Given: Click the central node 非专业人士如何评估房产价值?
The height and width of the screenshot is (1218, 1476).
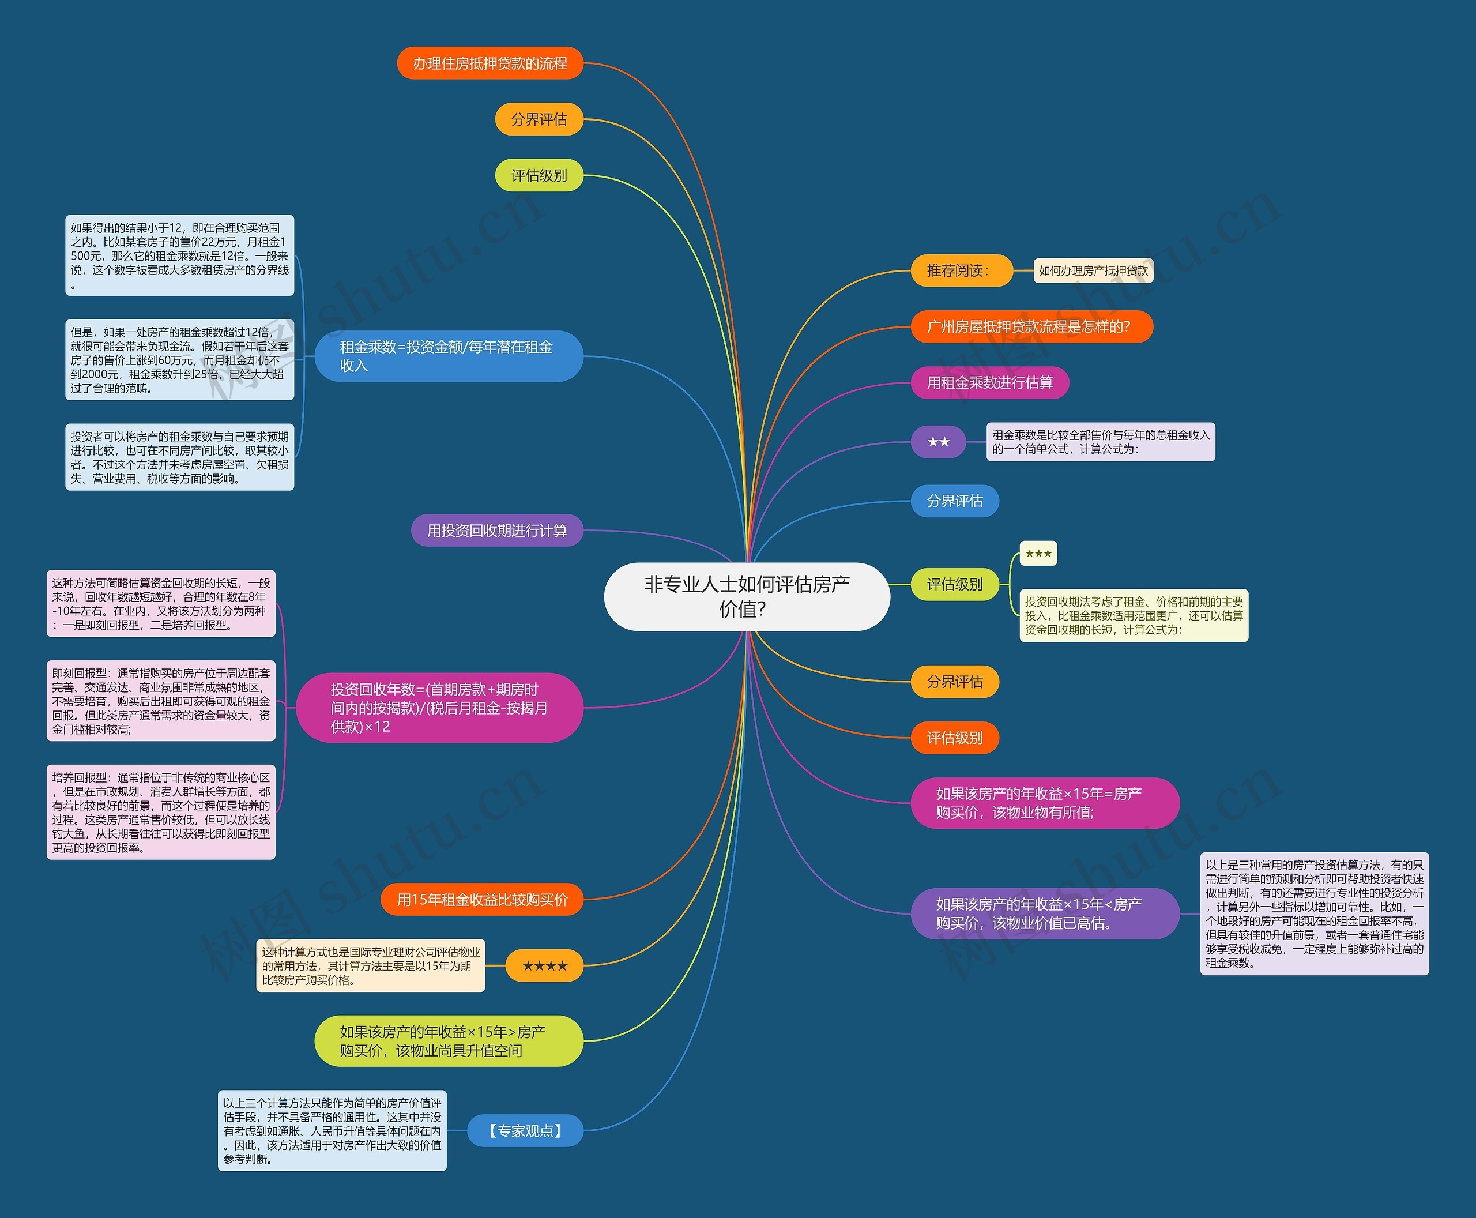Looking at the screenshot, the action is [747, 596].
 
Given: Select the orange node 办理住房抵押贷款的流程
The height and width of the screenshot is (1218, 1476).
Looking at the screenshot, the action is [490, 63].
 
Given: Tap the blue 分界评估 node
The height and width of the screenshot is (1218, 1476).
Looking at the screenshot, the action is [955, 501].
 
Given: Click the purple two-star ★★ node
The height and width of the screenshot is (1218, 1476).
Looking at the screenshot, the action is [938, 442].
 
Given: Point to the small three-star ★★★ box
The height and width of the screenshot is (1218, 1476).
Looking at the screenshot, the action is [1038, 554].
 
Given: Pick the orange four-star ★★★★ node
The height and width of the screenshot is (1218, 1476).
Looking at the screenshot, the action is [544, 965].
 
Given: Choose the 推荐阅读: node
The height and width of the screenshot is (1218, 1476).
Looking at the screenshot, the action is [961, 271].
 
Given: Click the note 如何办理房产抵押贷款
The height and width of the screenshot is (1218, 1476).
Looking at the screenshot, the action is [1093, 271].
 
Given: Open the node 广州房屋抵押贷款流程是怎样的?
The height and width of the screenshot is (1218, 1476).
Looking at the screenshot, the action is [1031, 326].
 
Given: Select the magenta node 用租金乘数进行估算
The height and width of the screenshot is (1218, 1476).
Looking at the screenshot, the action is [990, 382].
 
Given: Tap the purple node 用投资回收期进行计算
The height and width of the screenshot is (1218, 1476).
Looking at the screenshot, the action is [496, 531].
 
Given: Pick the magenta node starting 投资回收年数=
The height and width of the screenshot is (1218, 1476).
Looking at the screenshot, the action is [440, 708].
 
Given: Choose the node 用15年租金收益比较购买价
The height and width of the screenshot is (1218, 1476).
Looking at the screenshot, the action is [482, 900].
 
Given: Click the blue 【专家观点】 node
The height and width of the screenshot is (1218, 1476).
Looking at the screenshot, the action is [525, 1130].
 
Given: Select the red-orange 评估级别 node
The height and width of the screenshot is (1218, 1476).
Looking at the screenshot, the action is [955, 738].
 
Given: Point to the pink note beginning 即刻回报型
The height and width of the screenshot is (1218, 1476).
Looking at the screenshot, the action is [161, 701].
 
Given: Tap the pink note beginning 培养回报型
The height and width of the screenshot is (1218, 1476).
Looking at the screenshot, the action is [161, 813].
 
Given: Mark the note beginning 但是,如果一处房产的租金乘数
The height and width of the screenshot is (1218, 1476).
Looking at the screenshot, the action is [179, 360].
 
